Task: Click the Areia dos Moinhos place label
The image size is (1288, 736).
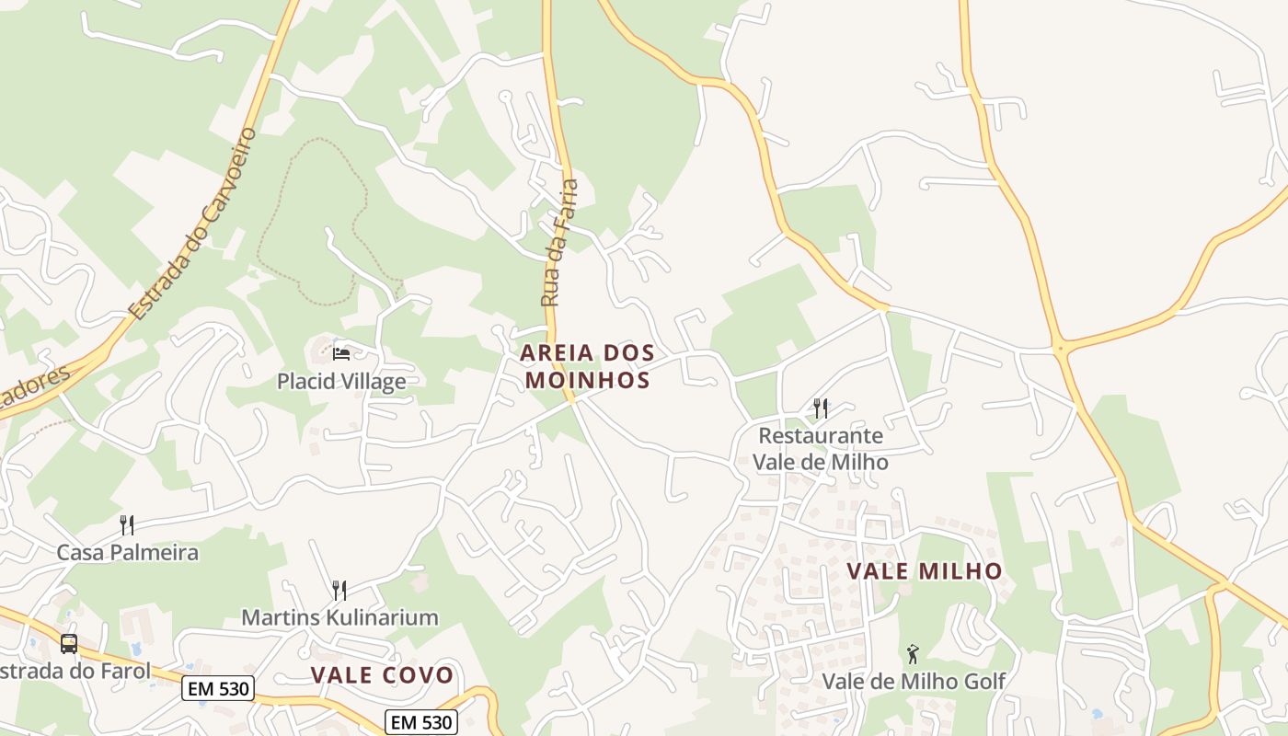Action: click(x=587, y=366)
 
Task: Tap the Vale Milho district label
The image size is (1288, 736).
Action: click(x=924, y=571)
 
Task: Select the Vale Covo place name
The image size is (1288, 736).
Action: click(x=382, y=675)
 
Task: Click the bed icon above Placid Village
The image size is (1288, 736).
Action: click(x=341, y=353)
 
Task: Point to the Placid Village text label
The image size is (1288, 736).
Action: click(x=341, y=381)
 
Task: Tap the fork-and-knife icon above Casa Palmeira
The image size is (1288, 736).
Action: click(x=127, y=525)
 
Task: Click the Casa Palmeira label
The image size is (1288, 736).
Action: click(x=127, y=553)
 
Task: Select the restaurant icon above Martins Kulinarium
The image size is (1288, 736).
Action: click(x=339, y=590)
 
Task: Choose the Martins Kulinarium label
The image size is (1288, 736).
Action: click(x=339, y=617)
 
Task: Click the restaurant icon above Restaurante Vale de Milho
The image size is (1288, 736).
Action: click(x=821, y=408)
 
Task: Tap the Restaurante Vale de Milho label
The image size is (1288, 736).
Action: click(x=821, y=448)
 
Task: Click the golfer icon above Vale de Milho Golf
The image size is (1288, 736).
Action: click(x=913, y=654)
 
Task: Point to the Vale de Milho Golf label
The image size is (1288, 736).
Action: click(x=913, y=682)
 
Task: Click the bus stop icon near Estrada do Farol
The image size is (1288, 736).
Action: click(x=69, y=643)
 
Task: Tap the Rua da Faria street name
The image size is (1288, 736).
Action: click(x=560, y=243)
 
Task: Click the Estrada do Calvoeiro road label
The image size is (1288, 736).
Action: click(x=193, y=224)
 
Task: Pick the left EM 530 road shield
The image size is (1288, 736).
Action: click(x=217, y=688)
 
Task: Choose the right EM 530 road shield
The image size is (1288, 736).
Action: click(x=420, y=722)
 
